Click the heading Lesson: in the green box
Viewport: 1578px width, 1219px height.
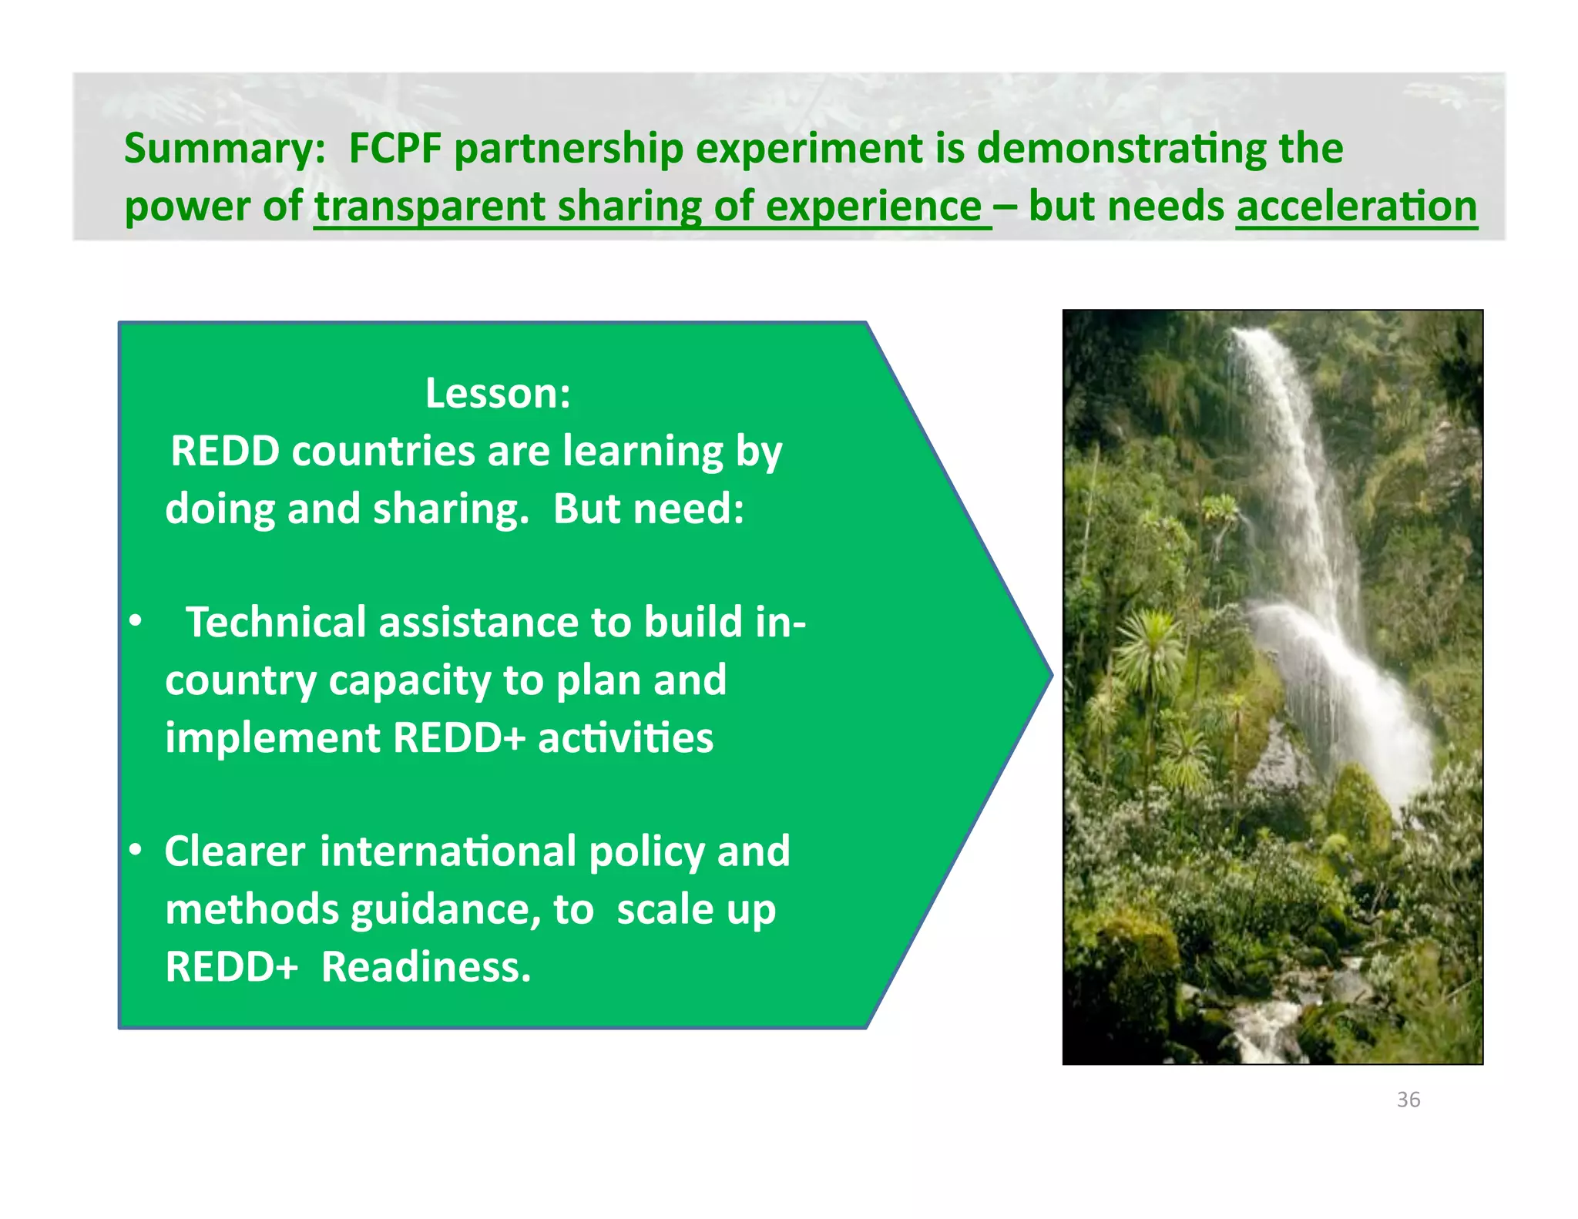click(x=498, y=394)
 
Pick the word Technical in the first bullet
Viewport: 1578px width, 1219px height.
click(x=275, y=622)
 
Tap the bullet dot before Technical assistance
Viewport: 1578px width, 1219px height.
click(x=136, y=621)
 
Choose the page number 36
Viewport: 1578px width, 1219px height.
click(x=1408, y=1100)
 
